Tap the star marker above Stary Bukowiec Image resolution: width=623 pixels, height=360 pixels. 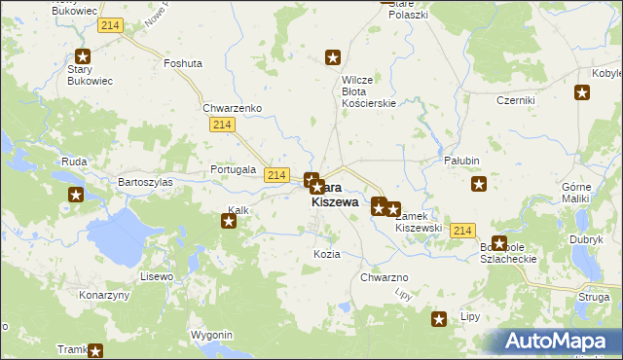[x=83, y=56]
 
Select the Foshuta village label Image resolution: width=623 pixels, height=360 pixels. [x=183, y=63]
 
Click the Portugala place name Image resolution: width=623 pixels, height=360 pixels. [x=234, y=169]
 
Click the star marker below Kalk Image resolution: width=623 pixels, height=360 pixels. [x=229, y=222]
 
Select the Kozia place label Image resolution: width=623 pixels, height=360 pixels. [x=327, y=254]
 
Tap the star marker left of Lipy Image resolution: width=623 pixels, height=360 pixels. [x=439, y=318]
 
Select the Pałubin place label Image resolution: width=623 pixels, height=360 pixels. [x=462, y=161]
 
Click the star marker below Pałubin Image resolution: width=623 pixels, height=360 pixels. [x=479, y=184]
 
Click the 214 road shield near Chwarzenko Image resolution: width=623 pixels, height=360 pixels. [x=221, y=125]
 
